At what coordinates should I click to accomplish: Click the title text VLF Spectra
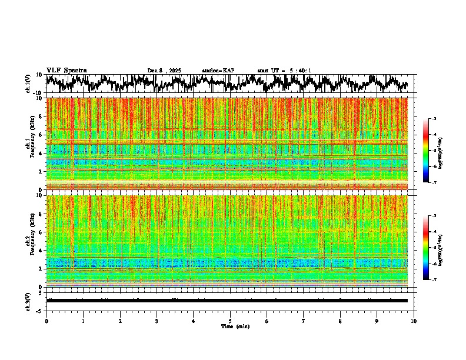click(66, 71)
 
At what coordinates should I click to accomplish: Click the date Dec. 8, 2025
click(164, 71)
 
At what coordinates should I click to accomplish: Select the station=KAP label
click(218, 71)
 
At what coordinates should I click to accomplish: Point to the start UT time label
click(284, 71)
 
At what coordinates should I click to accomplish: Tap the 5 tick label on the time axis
click(230, 321)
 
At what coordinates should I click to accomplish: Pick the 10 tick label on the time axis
click(414, 321)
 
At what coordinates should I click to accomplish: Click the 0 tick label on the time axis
click(46, 321)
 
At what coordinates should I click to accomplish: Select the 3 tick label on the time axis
click(157, 321)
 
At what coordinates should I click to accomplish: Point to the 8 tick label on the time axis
click(340, 321)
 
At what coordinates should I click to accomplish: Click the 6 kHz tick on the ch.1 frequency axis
click(41, 135)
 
